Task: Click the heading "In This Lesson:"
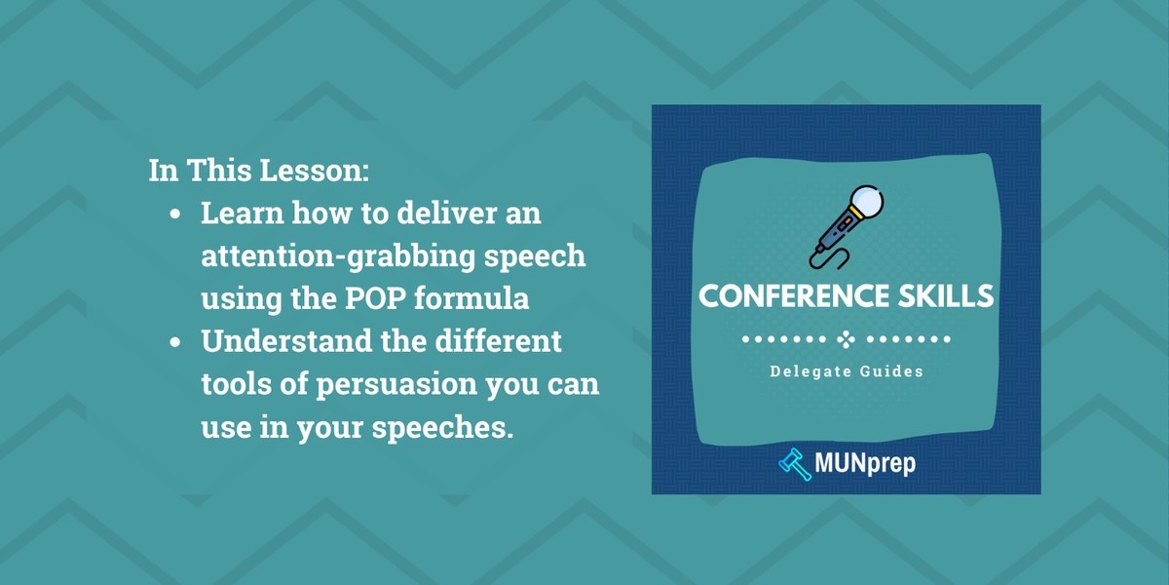[x=258, y=170]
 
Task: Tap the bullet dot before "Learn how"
[x=175, y=214]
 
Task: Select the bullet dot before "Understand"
[x=175, y=343]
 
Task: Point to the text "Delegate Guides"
[x=846, y=370]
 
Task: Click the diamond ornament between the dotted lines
[x=845, y=339]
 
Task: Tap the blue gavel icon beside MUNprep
[x=796, y=463]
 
